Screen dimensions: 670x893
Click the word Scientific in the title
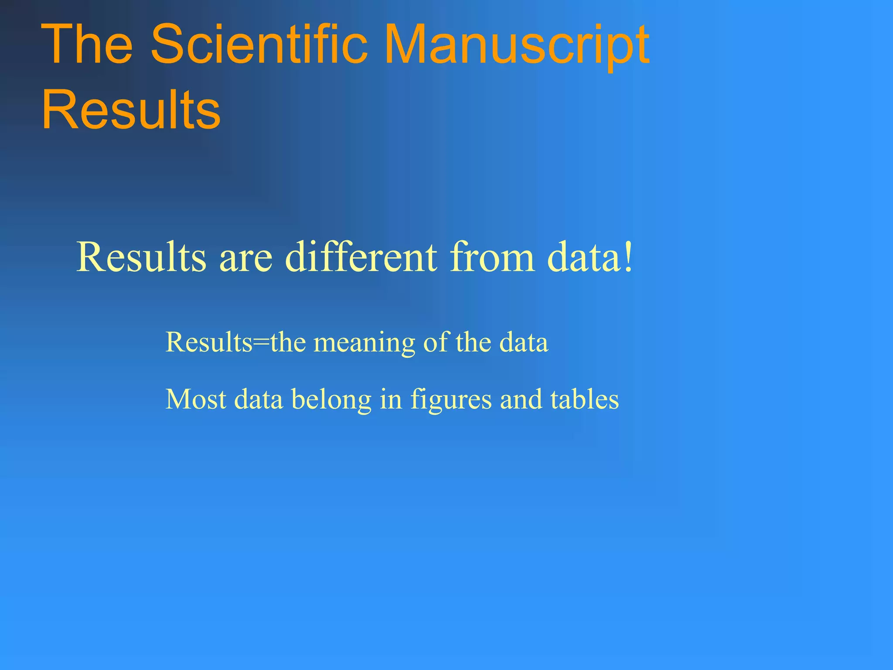point(259,44)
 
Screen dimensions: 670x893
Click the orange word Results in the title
point(131,109)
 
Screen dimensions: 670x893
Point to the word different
point(361,257)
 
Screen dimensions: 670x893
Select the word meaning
point(365,343)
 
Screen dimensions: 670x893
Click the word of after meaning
point(436,342)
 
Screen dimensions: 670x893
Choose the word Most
point(196,399)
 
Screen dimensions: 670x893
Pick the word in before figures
point(391,399)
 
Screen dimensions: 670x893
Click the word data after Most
point(259,399)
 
